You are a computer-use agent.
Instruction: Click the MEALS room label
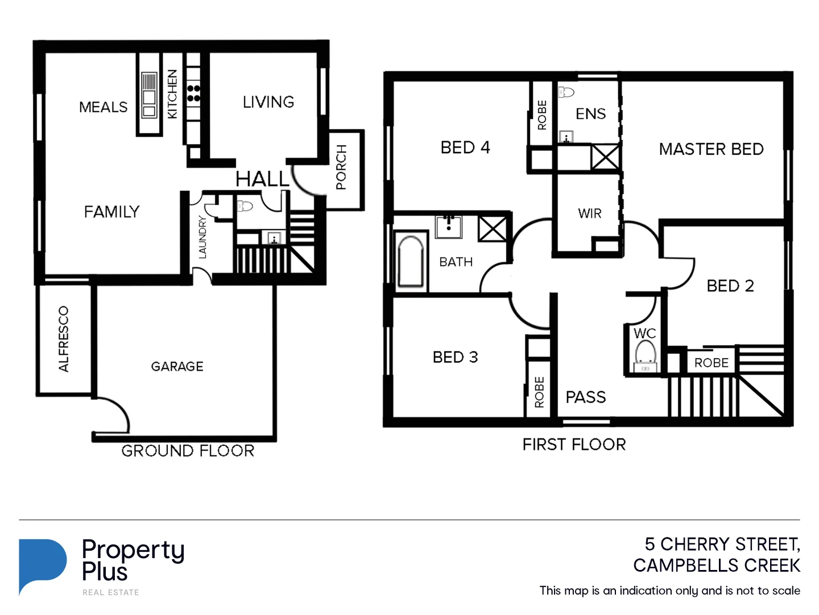click(x=104, y=107)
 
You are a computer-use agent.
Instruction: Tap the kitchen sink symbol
click(x=149, y=95)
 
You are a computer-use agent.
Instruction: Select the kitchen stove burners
click(x=193, y=93)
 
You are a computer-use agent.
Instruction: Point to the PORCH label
click(x=341, y=167)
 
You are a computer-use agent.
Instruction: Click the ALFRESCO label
click(x=64, y=339)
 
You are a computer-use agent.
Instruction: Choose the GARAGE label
click(x=177, y=366)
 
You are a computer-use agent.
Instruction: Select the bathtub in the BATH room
click(x=411, y=261)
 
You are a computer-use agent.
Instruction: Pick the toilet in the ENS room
click(x=566, y=92)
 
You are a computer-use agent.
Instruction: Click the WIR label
click(x=589, y=214)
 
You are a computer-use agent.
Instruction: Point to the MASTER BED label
click(x=711, y=149)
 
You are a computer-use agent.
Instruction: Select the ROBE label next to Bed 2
click(x=711, y=363)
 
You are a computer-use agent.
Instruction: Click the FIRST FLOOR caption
click(x=574, y=444)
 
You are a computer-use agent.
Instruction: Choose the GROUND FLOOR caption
click(x=188, y=451)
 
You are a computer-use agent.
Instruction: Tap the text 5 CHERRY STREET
click(x=722, y=544)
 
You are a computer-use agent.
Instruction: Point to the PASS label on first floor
click(x=585, y=397)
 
